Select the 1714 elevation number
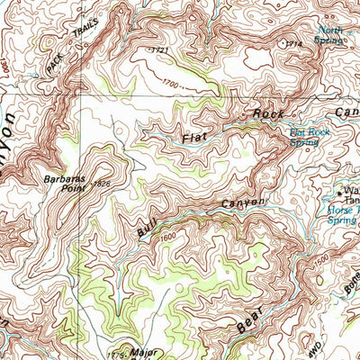[291, 43]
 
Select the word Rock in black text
[267, 114]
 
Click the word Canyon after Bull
[244, 204]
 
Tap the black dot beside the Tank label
[339, 192]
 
